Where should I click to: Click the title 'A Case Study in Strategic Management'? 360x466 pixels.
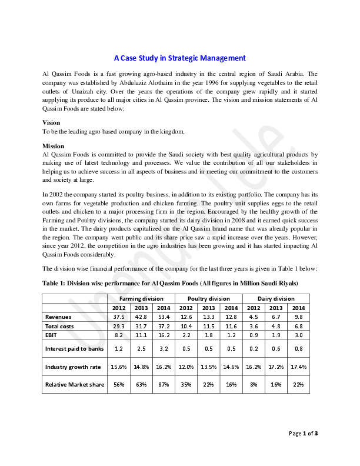[179, 58]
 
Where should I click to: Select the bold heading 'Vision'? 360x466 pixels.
[52, 122]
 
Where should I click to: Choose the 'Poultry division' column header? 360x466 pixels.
[209, 299]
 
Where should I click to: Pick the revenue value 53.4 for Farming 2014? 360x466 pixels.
[164, 317]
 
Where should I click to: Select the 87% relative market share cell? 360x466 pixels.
[164, 385]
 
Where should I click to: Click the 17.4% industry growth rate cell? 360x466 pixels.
[299, 367]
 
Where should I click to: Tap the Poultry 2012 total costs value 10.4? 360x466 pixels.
[186, 325]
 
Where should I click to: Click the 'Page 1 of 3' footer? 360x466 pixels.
[304, 434]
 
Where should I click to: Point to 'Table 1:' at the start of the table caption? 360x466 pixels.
[54, 284]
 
